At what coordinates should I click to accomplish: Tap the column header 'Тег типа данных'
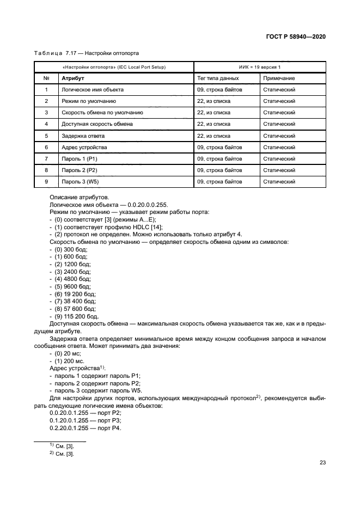(218, 78)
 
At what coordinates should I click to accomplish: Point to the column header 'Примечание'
(279, 78)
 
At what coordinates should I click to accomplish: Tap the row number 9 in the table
(47, 181)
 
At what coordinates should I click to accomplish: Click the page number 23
(322, 462)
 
